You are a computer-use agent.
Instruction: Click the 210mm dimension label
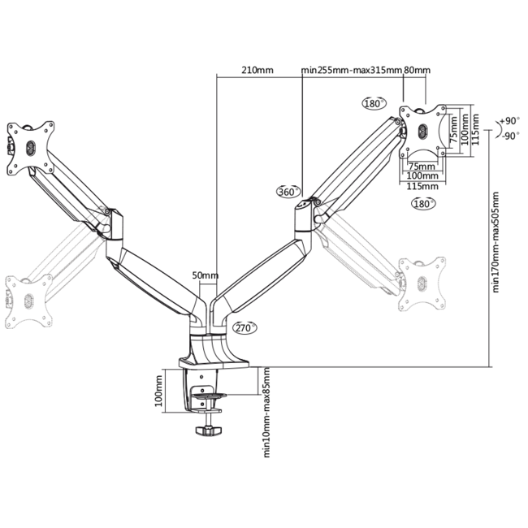257,71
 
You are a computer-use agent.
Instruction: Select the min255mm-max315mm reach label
351,71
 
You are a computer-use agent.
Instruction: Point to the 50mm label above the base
206,275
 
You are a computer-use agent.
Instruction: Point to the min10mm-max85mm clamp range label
266,410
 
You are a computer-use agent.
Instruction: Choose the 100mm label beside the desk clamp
159,389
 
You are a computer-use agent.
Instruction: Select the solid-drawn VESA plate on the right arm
422,131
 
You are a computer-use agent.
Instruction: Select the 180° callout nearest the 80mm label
373,103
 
